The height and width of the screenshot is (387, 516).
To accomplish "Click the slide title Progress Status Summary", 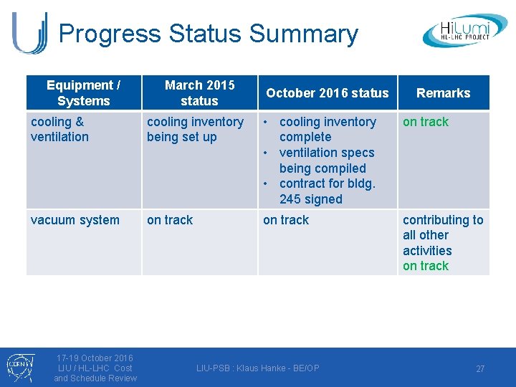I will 208,34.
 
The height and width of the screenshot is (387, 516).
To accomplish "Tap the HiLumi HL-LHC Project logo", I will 464,31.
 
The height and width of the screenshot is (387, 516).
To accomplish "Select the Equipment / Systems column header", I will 83,93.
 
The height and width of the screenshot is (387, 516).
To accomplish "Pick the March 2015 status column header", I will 199,93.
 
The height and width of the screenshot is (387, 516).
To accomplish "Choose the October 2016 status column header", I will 327,93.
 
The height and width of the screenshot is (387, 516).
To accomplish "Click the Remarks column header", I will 443,93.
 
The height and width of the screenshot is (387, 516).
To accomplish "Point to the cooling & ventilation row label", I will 60,129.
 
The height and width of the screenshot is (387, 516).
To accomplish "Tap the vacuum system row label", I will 75,220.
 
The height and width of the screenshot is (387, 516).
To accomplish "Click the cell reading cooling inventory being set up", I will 195,129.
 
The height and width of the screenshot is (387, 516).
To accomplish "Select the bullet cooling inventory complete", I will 327,129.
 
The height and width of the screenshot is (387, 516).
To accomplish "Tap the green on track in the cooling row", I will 426,122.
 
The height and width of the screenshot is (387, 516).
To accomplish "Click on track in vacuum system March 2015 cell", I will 170,220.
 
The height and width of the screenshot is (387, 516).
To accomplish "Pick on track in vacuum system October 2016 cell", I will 286,220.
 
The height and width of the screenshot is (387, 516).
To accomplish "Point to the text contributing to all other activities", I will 442,235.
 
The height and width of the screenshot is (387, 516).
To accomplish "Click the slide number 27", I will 480,368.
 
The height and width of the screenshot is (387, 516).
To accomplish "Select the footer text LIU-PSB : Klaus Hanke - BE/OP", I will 258,368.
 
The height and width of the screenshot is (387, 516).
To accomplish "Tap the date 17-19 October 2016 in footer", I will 95,358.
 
